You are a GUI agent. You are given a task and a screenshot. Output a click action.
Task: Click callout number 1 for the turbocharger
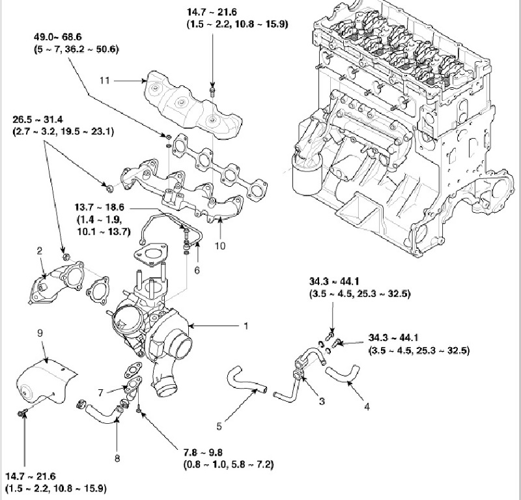click(x=246, y=325)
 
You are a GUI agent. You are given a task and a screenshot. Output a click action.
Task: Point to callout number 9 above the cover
click(x=40, y=333)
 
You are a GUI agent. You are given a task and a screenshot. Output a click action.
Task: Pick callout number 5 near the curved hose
click(x=219, y=427)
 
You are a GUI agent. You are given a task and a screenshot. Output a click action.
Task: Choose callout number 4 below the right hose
click(x=367, y=406)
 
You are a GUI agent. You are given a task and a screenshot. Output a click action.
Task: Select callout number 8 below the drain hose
click(x=118, y=458)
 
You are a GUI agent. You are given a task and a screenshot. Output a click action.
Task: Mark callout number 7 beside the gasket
click(x=101, y=393)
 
